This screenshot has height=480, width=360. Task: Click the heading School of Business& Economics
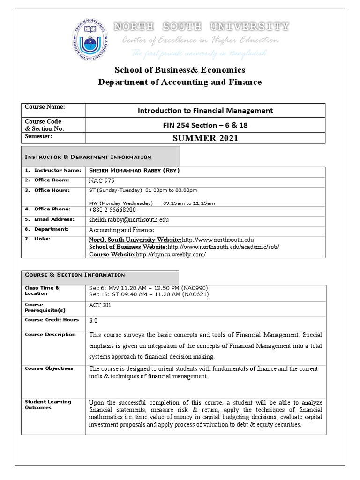tap(180, 70)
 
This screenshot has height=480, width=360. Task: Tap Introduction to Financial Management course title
tap(205, 111)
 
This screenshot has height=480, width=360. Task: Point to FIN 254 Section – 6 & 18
tap(205, 125)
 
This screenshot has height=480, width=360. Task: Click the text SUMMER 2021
tap(205, 138)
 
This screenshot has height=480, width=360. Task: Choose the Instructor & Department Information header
tap(88, 157)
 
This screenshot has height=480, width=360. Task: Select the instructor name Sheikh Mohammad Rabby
tap(134, 170)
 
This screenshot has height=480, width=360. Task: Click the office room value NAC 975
tap(101, 180)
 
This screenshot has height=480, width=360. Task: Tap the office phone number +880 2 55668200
tap(112, 210)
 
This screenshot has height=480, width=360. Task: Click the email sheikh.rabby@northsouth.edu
tap(129, 219)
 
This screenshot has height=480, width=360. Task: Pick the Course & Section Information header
tap(75, 275)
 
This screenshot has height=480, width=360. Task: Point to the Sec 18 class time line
tap(149, 294)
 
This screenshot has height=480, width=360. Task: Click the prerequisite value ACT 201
tap(100, 305)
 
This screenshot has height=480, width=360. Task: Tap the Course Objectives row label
tap(49, 368)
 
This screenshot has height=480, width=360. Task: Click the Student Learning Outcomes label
tap(48, 405)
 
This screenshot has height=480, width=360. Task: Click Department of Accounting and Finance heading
tap(180, 82)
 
